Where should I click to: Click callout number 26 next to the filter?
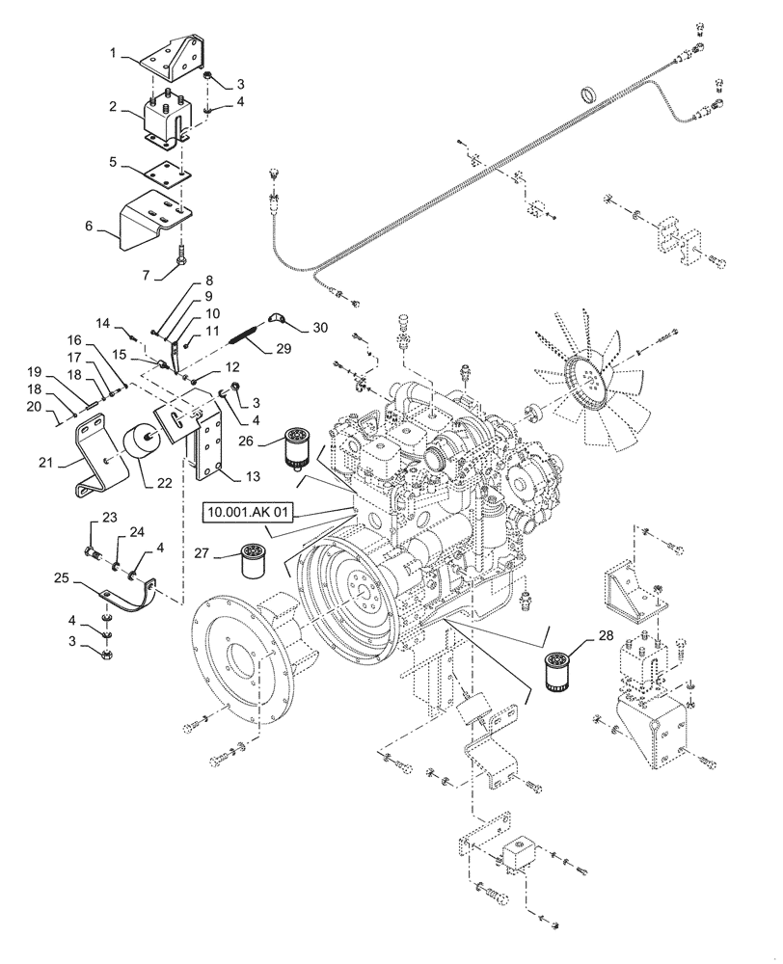point(245,442)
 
